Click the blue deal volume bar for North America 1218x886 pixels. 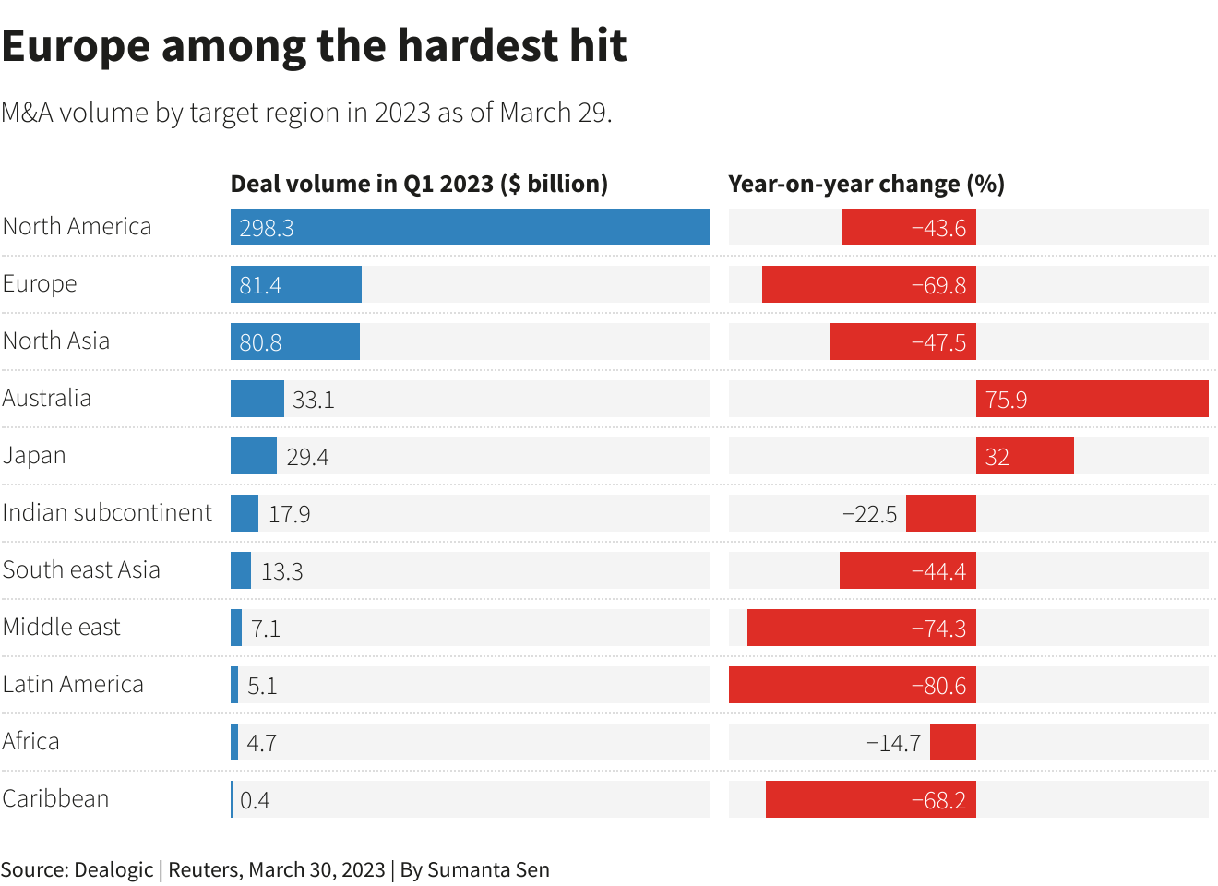471,227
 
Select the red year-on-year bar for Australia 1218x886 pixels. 1092,399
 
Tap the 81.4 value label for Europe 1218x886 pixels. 260,285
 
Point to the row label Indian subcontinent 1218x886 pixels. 107,512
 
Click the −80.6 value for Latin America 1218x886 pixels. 938,686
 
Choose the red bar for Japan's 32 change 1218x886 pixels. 1024,456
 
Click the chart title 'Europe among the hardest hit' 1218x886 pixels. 315,45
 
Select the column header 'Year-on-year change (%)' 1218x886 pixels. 866,184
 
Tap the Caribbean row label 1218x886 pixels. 55,798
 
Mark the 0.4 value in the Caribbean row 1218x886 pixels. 255,800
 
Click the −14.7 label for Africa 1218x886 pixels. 893,743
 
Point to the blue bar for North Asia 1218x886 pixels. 295,341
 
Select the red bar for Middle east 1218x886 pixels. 861,628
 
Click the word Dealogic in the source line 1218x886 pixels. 113,869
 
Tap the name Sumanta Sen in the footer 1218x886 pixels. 488,869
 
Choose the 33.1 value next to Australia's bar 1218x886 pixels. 313,400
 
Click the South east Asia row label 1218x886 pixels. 81,569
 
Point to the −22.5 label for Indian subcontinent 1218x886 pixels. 869,514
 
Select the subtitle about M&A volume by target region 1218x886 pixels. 306,113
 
